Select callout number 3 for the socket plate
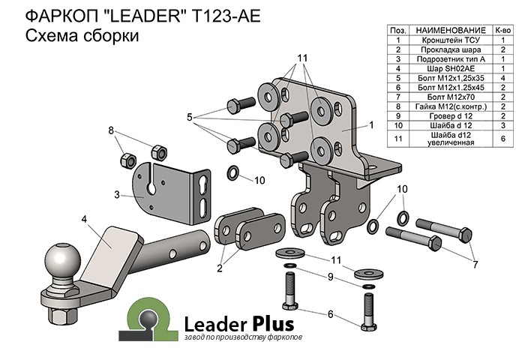(x=117, y=195)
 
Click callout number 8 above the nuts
(x=112, y=130)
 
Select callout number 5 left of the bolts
(x=190, y=117)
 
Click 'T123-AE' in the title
(x=225, y=16)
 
